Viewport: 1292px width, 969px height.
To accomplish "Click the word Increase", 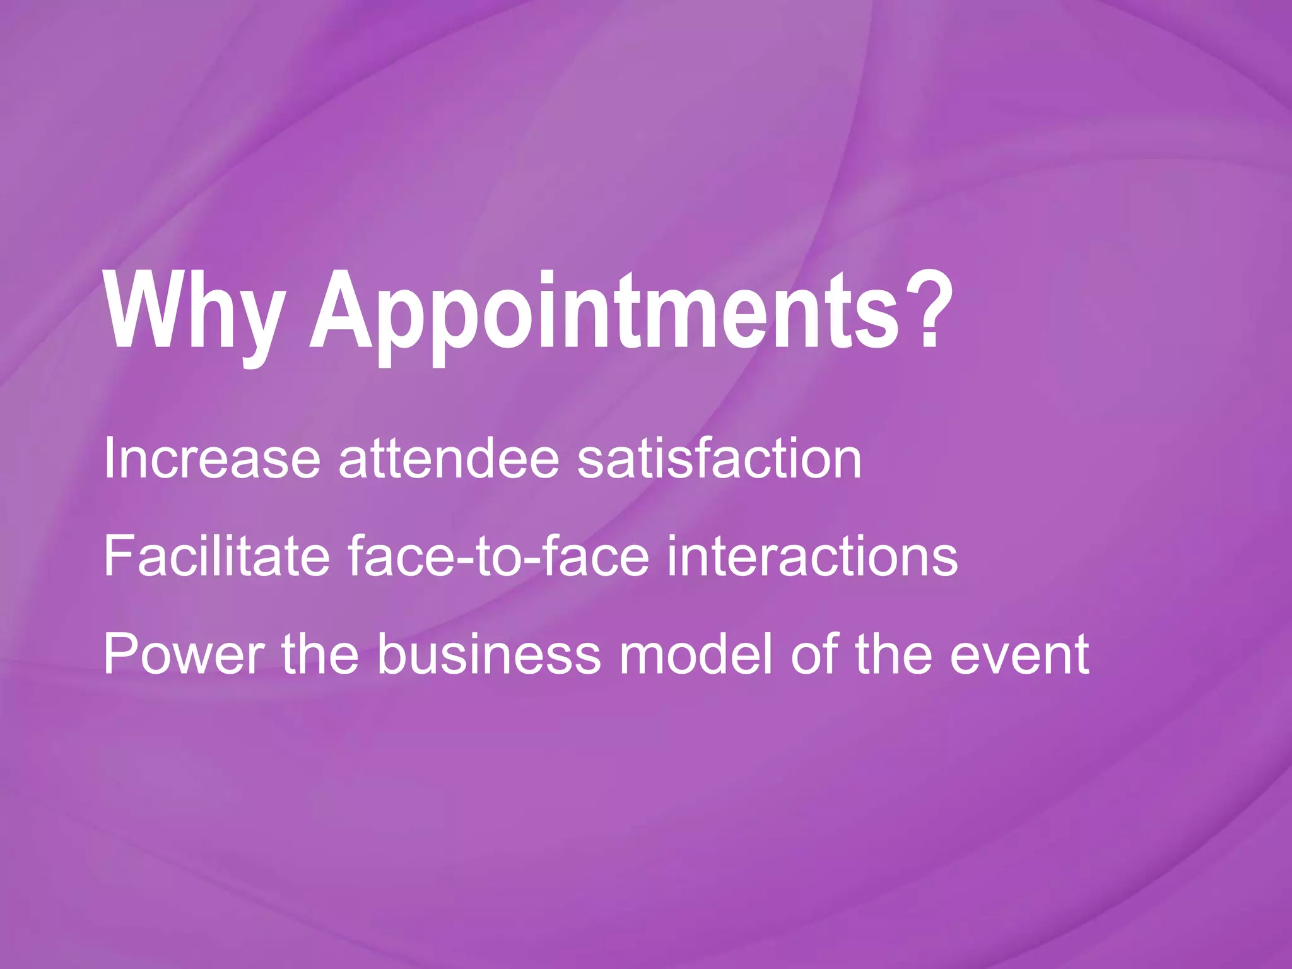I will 212,458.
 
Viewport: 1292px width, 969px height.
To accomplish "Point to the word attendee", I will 449,458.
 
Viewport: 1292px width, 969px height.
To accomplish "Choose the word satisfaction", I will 719,458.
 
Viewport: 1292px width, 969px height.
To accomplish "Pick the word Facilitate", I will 216,556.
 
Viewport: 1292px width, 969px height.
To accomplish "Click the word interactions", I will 812,556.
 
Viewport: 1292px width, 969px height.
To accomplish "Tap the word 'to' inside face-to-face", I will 495,557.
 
